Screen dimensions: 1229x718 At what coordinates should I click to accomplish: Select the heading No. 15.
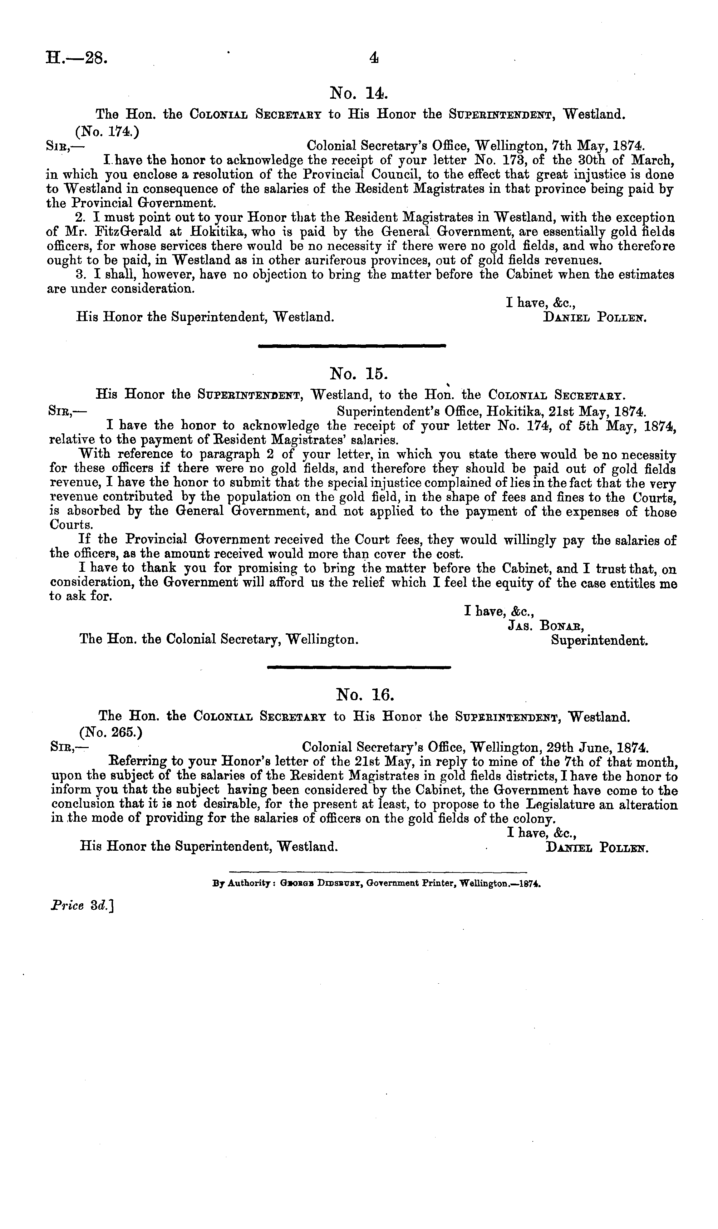pos(359,374)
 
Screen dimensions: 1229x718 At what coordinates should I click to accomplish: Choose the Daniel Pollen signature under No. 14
pos(595,318)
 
